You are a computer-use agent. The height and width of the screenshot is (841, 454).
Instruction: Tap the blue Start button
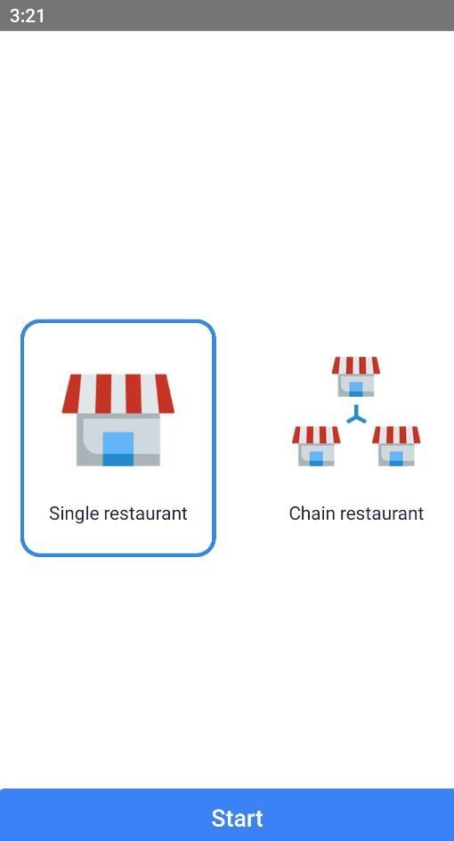[227, 814]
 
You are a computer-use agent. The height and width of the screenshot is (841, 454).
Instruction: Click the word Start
[237, 819]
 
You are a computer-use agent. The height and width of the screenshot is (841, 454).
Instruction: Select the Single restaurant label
[118, 513]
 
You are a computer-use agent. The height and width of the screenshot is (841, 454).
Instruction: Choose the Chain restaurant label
[356, 513]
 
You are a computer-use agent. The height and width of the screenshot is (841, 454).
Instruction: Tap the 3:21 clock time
[27, 15]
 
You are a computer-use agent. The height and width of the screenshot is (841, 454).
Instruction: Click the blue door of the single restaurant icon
[118, 449]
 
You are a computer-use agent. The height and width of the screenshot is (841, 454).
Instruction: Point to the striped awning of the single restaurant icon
[118, 393]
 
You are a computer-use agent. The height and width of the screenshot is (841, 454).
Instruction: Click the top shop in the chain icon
[356, 376]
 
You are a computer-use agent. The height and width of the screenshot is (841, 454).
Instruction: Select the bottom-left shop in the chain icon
[316, 446]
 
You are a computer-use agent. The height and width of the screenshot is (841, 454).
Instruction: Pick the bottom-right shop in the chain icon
[396, 446]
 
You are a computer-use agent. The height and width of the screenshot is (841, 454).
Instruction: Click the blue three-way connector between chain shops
[356, 416]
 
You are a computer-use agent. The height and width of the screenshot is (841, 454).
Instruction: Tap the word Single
[74, 513]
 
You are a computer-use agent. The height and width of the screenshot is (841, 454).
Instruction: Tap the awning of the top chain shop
[356, 365]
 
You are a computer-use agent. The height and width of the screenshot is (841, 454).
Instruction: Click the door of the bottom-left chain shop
[316, 458]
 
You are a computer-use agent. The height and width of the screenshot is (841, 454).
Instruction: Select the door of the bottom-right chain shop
[396, 458]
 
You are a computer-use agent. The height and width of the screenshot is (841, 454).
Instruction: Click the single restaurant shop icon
[118, 420]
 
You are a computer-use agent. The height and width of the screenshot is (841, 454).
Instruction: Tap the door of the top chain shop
[356, 389]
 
